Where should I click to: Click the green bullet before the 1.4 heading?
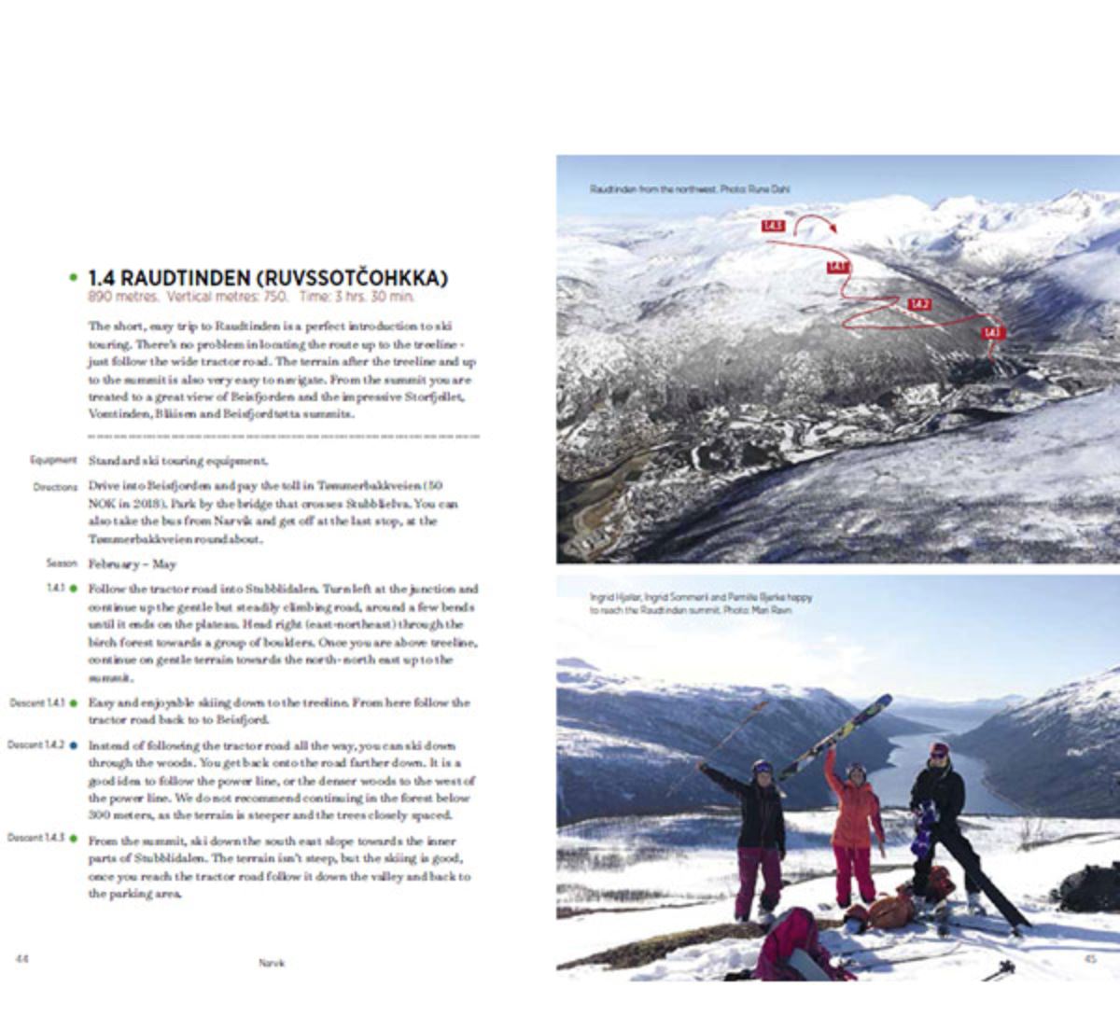(73, 278)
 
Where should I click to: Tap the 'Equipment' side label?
(53, 460)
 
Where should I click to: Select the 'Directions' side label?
(55, 487)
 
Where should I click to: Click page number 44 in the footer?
(21, 959)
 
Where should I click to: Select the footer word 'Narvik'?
(272, 963)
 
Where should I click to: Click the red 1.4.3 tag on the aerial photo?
(773, 226)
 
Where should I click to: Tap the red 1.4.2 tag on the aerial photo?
(919, 304)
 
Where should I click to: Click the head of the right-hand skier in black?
(939, 752)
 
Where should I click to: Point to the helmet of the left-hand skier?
(763, 768)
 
